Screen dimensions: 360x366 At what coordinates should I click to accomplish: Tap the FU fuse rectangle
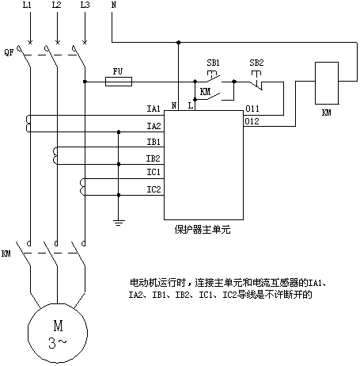pyautogui.click(x=119, y=82)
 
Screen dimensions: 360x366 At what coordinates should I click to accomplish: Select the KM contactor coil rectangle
pyautogui.click(x=327, y=83)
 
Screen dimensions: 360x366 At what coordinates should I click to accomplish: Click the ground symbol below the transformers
pyautogui.click(x=119, y=223)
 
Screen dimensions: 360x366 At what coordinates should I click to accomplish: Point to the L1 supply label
pyautogui.click(x=27, y=5)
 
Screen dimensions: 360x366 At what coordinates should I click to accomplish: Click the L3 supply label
pyautogui.click(x=85, y=5)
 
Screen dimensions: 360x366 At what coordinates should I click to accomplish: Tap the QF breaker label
pyautogui.click(x=9, y=52)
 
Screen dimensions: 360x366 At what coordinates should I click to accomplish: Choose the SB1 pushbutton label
pyautogui.click(x=213, y=63)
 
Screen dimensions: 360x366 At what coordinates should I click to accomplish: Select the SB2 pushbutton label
pyautogui.click(x=256, y=63)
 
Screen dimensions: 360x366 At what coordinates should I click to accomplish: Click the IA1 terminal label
pyautogui.click(x=153, y=109)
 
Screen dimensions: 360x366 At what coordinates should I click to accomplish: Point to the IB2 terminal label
pyautogui.click(x=153, y=158)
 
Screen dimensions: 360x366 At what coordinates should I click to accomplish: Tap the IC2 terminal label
pyautogui.click(x=153, y=189)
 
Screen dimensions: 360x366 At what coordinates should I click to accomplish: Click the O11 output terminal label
pyautogui.click(x=252, y=109)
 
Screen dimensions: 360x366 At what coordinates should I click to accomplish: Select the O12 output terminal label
pyautogui.click(x=252, y=121)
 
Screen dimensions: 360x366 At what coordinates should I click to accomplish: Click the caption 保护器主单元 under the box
pyautogui.click(x=203, y=230)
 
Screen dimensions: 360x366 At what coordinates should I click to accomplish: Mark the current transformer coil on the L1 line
pyautogui.click(x=27, y=124)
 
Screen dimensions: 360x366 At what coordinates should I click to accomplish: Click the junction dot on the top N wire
pyautogui.click(x=179, y=42)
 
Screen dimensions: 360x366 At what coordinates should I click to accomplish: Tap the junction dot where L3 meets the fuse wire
pyautogui.click(x=85, y=82)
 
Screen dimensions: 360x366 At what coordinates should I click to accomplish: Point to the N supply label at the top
pyautogui.click(x=114, y=5)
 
